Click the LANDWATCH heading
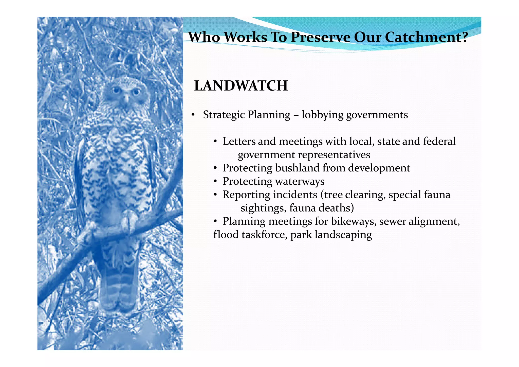click(x=241, y=86)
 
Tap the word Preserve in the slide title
click(x=320, y=37)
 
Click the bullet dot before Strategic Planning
click(x=193, y=115)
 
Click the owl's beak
click(x=126, y=98)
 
